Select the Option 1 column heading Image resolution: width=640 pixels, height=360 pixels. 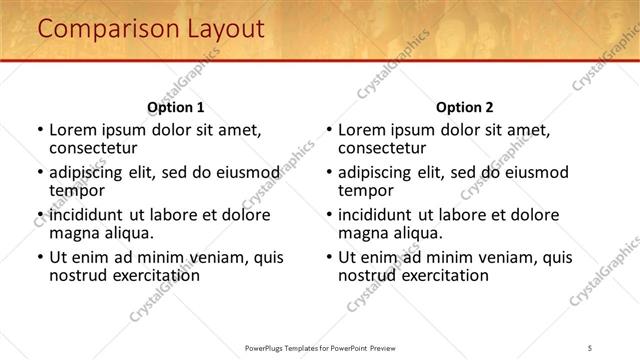(175, 107)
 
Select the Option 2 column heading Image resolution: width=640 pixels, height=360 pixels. (465, 107)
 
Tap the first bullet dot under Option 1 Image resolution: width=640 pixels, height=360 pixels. (39, 130)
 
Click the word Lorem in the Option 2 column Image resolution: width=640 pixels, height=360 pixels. (361, 130)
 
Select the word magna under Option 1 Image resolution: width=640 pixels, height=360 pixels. (73, 233)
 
